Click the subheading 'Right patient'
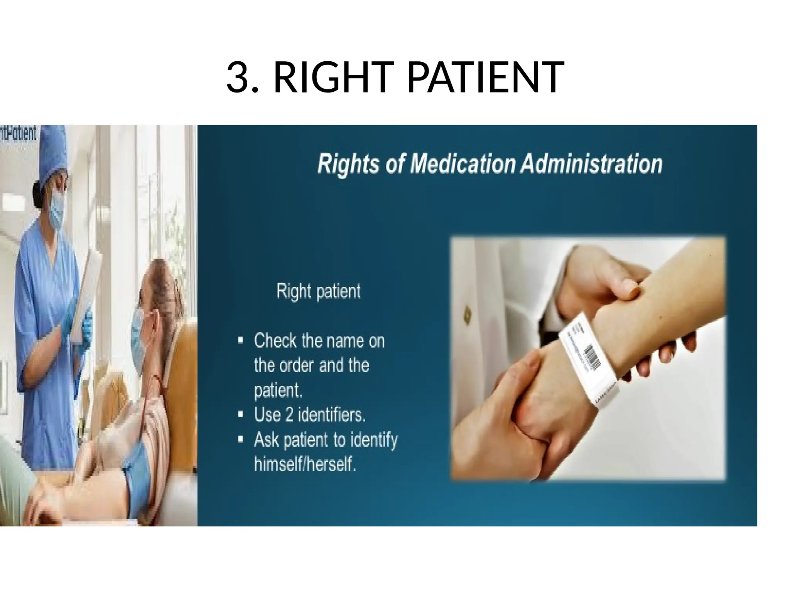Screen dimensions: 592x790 pos(318,291)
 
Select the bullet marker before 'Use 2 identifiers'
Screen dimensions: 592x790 pos(241,415)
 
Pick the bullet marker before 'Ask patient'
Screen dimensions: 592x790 pos(241,440)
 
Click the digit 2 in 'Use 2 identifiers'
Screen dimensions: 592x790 pos(289,415)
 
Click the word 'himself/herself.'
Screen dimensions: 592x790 pos(305,464)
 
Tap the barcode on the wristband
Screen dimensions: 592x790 pos(592,357)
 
